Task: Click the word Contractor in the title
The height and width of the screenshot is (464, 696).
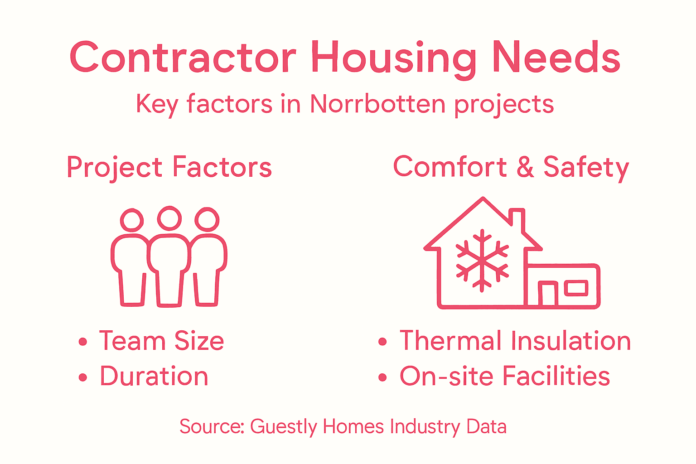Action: click(183, 58)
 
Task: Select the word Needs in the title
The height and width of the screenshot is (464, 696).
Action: click(556, 58)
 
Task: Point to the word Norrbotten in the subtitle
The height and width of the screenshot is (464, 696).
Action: click(378, 104)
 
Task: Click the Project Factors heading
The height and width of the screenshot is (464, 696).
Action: click(169, 167)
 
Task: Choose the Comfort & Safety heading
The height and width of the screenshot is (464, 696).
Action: click(511, 167)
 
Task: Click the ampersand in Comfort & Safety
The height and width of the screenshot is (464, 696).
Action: click(525, 167)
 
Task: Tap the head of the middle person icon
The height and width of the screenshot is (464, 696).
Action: click(169, 218)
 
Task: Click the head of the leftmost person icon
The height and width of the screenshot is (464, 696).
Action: click(132, 220)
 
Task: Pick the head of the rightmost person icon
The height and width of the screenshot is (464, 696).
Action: click(207, 220)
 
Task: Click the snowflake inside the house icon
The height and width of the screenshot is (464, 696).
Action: click(482, 260)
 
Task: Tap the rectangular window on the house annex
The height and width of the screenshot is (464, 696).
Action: click(576, 288)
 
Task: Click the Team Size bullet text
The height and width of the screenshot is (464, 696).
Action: click(162, 341)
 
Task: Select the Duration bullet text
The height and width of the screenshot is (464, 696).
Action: click(154, 377)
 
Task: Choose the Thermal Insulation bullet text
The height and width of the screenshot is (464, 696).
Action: click(515, 341)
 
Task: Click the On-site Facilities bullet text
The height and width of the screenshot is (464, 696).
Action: click(505, 377)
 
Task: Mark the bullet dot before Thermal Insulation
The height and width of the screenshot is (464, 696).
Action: click(382, 342)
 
